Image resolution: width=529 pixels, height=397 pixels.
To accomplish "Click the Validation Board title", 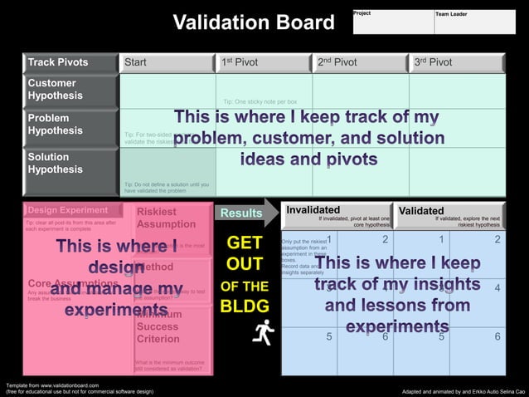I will [253, 22].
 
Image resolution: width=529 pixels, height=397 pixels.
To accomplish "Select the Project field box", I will [392, 22].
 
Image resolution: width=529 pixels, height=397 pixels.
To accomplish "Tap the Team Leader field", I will [473, 22].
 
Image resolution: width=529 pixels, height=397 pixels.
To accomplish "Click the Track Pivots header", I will [70, 62].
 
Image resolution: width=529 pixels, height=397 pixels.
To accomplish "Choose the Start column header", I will [167, 62].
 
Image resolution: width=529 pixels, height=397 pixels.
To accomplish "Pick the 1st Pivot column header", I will [264, 62].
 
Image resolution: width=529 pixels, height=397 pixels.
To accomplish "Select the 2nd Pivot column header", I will [361, 62].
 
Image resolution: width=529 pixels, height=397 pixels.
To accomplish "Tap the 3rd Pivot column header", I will [457, 62].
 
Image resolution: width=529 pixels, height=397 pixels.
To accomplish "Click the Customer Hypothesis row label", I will [70, 91].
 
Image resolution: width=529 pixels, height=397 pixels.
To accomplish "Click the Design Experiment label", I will [67, 210].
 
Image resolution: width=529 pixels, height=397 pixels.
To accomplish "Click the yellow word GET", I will [245, 243].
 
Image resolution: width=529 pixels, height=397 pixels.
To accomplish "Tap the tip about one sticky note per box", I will [272, 101].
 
